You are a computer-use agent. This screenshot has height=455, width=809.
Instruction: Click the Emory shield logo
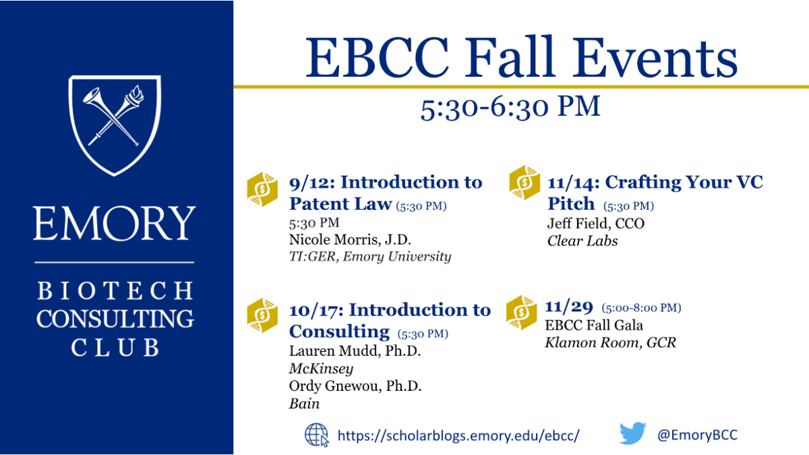click(x=115, y=125)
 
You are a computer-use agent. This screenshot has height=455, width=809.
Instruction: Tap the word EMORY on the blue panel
click(x=115, y=224)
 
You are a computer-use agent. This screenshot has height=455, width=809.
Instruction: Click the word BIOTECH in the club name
click(x=115, y=291)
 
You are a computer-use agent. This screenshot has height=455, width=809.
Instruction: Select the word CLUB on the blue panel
click(x=115, y=347)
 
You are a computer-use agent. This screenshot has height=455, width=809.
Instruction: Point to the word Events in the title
click(x=655, y=58)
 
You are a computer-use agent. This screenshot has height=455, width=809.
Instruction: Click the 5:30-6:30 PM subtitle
click(x=510, y=107)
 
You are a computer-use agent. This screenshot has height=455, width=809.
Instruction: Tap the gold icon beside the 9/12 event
click(x=262, y=189)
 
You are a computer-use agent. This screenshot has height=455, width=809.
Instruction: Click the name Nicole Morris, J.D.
click(x=350, y=239)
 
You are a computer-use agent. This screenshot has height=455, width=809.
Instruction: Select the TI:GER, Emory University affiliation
click(x=370, y=257)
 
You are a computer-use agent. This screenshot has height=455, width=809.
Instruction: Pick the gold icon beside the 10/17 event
click(x=262, y=315)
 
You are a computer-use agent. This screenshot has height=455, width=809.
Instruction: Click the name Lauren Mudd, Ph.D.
click(x=355, y=351)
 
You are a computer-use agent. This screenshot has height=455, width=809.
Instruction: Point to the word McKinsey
click(x=321, y=369)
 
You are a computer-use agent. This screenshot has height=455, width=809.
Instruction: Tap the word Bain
click(x=304, y=404)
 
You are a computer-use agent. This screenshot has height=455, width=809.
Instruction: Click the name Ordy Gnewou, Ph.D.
click(x=355, y=386)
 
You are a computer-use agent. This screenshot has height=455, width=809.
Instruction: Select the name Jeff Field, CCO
click(x=596, y=224)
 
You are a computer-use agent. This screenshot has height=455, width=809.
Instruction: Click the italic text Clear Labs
click(x=582, y=241)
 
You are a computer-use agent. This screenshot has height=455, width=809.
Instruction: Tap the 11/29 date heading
click(x=569, y=307)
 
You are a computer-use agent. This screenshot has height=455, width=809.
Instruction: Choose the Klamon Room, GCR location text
click(x=610, y=342)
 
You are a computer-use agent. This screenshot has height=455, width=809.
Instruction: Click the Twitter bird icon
click(x=633, y=433)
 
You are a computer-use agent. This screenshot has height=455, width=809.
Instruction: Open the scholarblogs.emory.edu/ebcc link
click(x=458, y=435)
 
